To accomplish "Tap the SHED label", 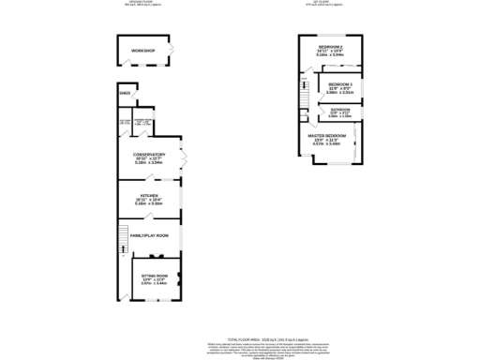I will (125, 94).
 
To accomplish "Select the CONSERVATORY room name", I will (150, 154).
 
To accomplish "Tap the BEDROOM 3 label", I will (339, 84).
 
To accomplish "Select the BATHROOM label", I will (340, 110).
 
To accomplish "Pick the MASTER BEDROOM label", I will (328, 136).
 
